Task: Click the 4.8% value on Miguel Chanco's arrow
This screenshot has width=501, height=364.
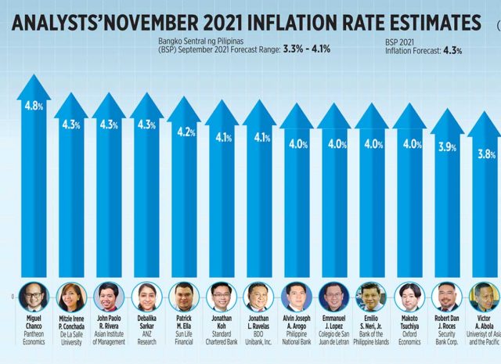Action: [33, 104]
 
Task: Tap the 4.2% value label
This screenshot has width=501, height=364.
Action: [185, 132]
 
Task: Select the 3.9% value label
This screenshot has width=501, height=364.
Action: [447, 146]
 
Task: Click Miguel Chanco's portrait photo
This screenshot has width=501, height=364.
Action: [33, 296]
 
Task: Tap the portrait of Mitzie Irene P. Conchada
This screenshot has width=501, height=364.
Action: [70, 297]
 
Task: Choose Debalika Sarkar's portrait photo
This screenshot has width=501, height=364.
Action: [147, 297]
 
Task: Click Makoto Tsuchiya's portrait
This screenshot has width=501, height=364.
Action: [409, 296]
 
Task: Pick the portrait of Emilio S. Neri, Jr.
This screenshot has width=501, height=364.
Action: [371, 297]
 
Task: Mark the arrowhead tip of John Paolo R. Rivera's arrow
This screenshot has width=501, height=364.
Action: [109, 95]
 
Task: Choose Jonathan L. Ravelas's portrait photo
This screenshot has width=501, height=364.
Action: [259, 297]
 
